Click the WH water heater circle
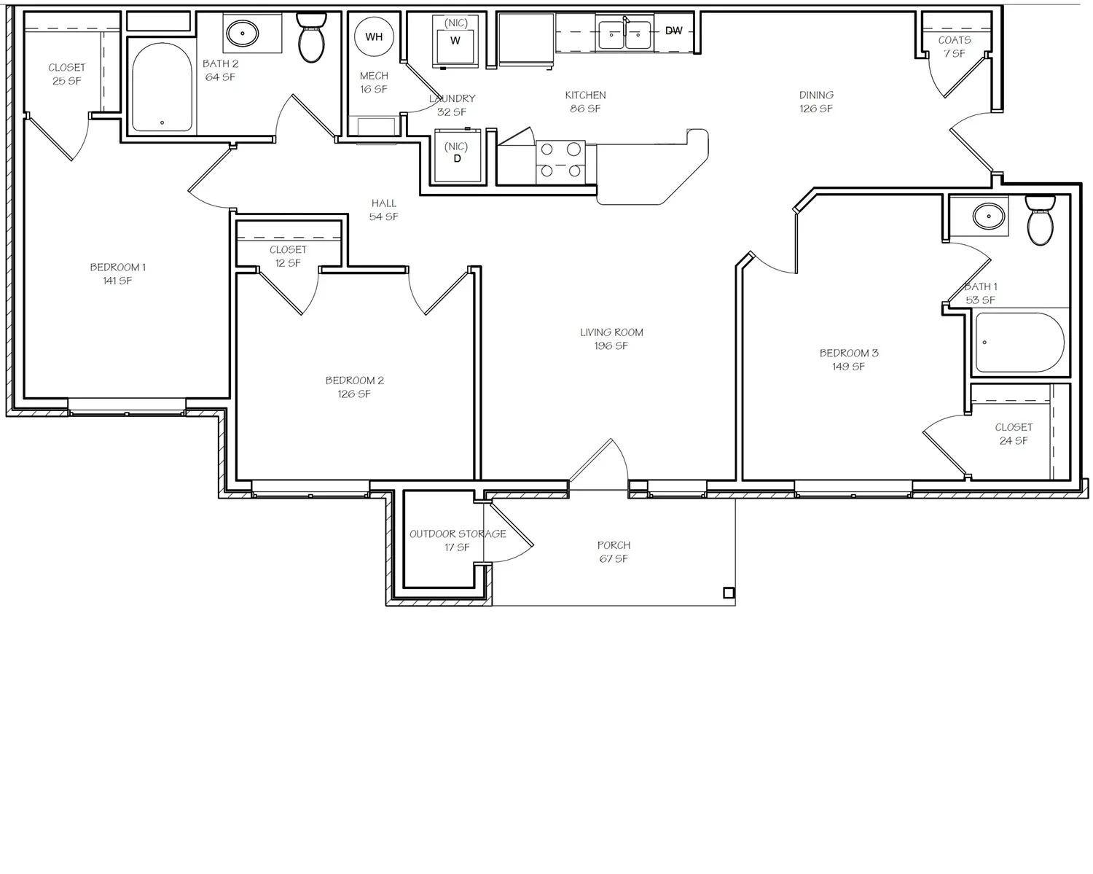[374, 36]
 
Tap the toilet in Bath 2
[311, 38]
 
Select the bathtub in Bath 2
[162, 87]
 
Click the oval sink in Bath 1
[988, 216]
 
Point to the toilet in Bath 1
[1040, 221]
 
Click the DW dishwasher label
[673, 31]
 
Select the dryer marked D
[457, 155]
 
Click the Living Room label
[611, 339]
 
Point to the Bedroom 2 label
[355, 387]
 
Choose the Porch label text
[614, 545]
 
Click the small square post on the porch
[729, 593]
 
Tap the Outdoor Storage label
[458, 540]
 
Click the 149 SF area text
[848, 367]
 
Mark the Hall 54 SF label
[383, 210]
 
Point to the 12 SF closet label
[288, 262]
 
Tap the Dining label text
[816, 95]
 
